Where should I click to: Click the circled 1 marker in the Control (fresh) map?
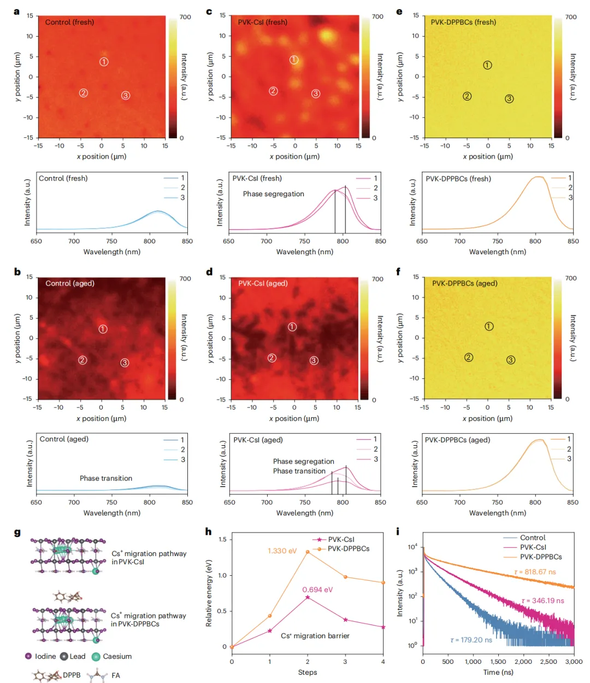[x=104, y=62]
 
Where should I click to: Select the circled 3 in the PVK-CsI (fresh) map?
[x=316, y=94]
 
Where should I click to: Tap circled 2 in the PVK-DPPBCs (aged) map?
[x=468, y=358]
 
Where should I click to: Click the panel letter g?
[x=17, y=533]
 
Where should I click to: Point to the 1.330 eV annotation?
[x=282, y=551]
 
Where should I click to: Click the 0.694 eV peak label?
[x=317, y=589]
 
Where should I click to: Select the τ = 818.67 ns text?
[x=535, y=572]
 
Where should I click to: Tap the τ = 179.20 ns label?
[x=471, y=640]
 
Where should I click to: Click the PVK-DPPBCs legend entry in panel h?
[x=348, y=548]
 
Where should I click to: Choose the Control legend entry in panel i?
[x=533, y=538]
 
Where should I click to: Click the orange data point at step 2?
[x=308, y=552]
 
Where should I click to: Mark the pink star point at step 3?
[x=345, y=620]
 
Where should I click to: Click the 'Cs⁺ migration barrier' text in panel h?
[x=315, y=635]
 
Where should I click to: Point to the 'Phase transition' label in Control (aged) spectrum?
[x=106, y=478]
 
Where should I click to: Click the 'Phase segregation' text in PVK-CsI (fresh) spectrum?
[x=274, y=194]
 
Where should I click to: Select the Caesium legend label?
[x=117, y=656]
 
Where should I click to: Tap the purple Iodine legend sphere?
[x=28, y=656]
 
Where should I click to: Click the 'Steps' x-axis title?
[x=308, y=672]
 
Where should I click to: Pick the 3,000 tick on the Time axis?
[x=573, y=662]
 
